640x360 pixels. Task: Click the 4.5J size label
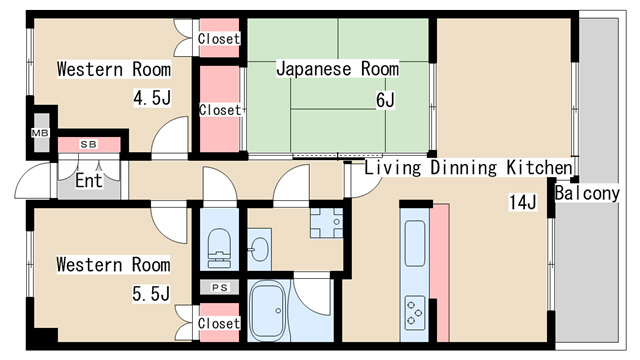pyautogui.click(x=152, y=98)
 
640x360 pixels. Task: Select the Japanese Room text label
pyautogui.click(x=337, y=69)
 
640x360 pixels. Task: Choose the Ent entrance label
pyautogui.click(x=89, y=182)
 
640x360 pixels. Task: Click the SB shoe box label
pyautogui.click(x=89, y=145)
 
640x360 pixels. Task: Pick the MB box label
pyautogui.click(x=40, y=133)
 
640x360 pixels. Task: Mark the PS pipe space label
pyautogui.click(x=219, y=288)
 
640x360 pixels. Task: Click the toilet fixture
pyautogui.click(x=218, y=243)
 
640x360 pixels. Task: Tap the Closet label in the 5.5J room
pyautogui.click(x=218, y=323)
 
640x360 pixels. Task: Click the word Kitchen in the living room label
pyautogui.click(x=541, y=168)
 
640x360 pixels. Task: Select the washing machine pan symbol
pyautogui.click(x=326, y=224)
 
